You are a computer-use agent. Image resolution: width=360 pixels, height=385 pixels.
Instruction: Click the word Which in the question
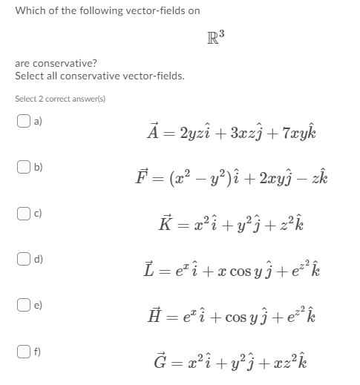click(29, 10)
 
